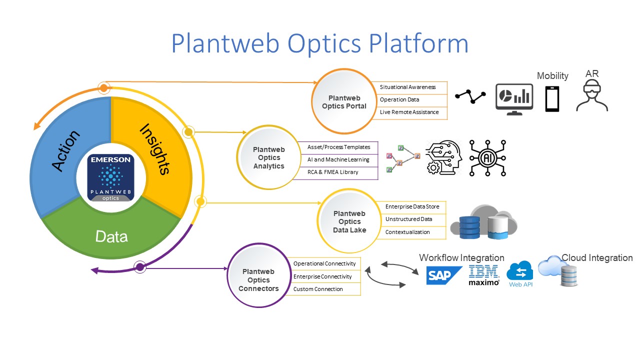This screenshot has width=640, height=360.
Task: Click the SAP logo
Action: click(444, 275)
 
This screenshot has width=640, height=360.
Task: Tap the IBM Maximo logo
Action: click(484, 275)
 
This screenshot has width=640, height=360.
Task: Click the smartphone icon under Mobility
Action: click(552, 99)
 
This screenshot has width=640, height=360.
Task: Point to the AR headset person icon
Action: click(592, 96)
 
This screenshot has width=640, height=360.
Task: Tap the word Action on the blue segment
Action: click(66, 151)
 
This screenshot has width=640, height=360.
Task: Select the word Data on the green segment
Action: click(111, 236)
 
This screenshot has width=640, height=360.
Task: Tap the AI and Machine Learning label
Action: click(338, 159)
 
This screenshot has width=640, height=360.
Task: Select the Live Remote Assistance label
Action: click(409, 112)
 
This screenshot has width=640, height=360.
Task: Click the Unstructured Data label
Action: click(408, 219)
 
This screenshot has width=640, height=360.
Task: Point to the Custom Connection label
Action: click(318, 289)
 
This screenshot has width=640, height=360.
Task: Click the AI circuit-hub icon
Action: click(487, 157)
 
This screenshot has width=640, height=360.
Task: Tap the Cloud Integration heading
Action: click(597, 257)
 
